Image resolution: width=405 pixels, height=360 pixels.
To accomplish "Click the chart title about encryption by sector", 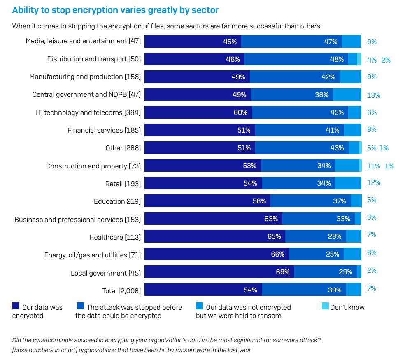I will point(115,10).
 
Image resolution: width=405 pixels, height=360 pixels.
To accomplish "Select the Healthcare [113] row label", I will point(115,237).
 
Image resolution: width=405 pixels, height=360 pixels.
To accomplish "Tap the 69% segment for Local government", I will point(219,272).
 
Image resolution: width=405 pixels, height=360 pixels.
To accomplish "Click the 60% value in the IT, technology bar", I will point(240,112).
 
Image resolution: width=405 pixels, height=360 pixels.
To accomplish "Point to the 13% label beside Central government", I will point(373,95).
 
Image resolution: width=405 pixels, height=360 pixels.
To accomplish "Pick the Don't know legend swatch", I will point(325,306).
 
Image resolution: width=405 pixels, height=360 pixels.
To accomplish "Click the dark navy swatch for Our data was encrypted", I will point(16,306).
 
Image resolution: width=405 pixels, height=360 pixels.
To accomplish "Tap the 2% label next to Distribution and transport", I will point(386,60).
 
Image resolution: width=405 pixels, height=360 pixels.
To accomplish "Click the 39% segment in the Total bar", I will point(304,290).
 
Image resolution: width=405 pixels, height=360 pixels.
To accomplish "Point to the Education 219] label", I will point(117,201).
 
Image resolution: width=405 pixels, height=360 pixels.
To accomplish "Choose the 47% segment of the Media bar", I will point(291,42).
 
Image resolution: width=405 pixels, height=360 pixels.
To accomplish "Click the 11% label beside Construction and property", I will point(373,166).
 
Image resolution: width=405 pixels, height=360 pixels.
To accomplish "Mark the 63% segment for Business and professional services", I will point(213,219).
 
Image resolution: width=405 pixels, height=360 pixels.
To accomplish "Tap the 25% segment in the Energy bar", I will point(316,254).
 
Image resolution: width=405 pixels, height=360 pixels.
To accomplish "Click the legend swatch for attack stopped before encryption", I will point(80,306).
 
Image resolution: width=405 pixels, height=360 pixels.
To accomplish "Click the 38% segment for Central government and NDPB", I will point(291,95).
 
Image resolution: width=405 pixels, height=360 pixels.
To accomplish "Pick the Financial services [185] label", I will point(104,131).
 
